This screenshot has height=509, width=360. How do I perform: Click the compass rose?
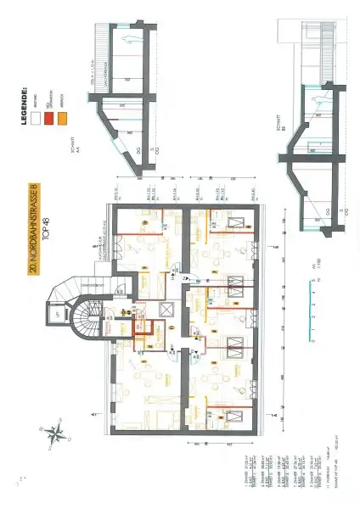pos(55,433)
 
